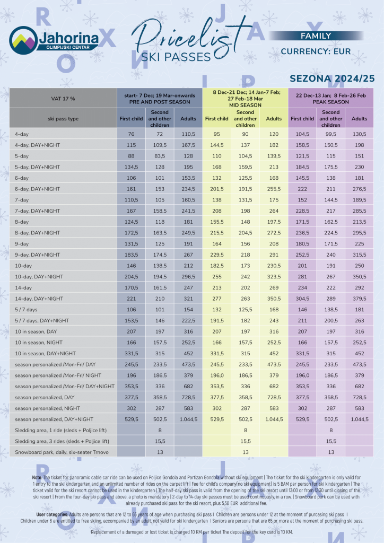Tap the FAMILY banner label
coord(316,36)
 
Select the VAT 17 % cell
coord(63,99)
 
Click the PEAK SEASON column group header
coord(330,99)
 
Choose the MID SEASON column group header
coord(245,98)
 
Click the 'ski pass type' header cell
coord(63,119)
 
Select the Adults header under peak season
coord(359,119)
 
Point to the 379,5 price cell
coord(359,299)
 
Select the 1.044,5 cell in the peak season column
coord(359,419)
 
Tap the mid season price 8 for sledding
coord(245,430)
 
